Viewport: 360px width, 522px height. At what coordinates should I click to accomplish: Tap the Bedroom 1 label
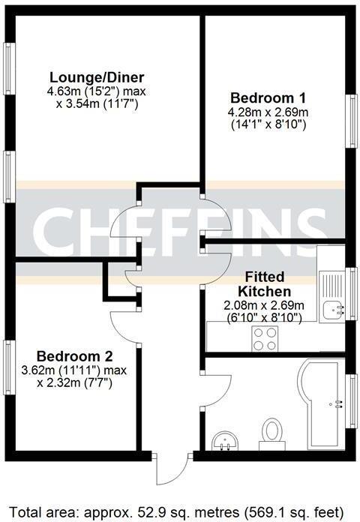coord(268,97)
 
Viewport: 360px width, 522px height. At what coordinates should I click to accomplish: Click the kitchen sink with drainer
coord(331,295)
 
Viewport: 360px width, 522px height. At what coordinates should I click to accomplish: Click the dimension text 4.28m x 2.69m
coord(268,112)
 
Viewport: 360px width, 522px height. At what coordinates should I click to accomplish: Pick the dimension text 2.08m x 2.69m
coord(265,305)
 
